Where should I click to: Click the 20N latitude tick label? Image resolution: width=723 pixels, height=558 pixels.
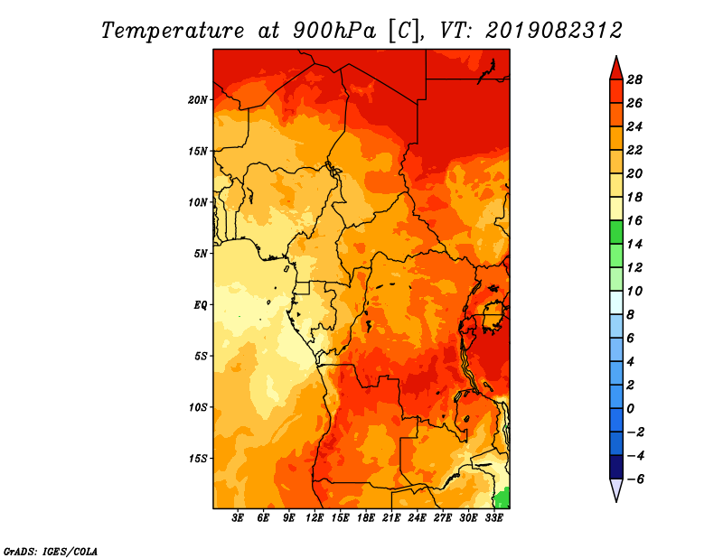198,99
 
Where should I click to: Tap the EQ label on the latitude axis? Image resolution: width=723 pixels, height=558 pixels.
201,304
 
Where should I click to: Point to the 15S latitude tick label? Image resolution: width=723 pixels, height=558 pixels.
198,459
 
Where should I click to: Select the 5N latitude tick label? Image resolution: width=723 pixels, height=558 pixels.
201,254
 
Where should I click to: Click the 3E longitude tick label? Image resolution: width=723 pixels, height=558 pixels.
238,518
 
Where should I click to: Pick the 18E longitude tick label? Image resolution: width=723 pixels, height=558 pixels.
366,518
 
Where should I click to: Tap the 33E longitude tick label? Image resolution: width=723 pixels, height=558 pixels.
493,518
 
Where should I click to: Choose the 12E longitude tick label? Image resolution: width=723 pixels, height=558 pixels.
315,518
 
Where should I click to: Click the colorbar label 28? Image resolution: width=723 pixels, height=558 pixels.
634,79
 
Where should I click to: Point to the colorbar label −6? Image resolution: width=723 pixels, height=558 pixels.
634,479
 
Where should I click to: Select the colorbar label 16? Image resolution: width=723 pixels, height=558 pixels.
634,220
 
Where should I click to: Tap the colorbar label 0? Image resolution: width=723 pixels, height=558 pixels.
630,409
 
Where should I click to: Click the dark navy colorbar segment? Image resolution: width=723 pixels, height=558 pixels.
616,467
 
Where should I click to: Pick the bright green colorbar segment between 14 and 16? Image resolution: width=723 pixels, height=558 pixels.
616,232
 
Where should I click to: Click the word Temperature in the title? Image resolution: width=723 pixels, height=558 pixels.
173,31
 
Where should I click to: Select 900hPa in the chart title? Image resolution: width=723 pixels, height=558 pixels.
333,31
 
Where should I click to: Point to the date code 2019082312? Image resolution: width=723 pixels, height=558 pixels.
554,31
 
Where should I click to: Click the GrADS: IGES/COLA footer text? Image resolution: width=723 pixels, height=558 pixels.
51,551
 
